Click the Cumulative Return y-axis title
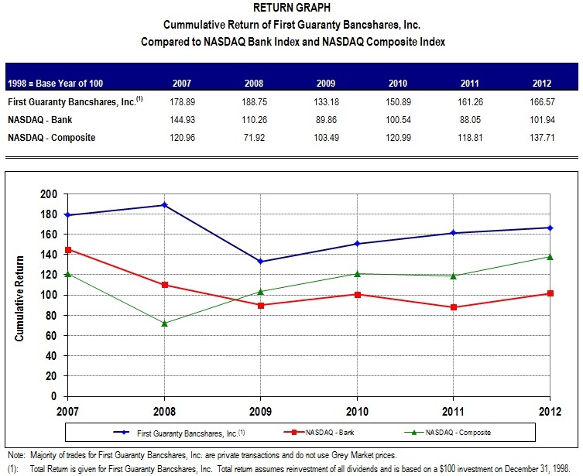[21, 297]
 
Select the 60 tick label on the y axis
[50, 335]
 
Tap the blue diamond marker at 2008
[164, 205]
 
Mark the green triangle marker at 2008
[164, 323]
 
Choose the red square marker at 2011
[454, 307]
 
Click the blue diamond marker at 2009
[261, 261]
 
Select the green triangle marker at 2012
[550, 256]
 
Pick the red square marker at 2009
[261, 305]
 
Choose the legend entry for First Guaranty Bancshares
[190, 432]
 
